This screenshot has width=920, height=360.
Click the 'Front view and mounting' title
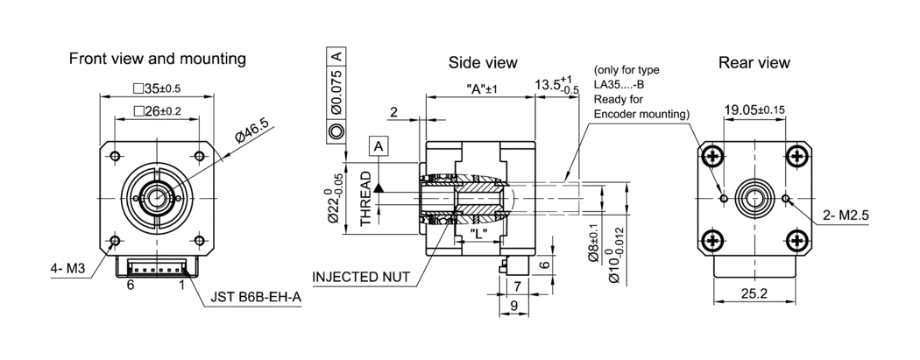[x=157, y=59]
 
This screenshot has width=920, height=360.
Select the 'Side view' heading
[x=483, y=62]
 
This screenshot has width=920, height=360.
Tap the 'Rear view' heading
[x=754, y=62]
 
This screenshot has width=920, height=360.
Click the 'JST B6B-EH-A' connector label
[x=256, y=298]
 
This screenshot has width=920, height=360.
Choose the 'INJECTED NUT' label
[x=361, y=276]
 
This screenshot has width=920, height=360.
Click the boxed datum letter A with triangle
[x=379, y=146]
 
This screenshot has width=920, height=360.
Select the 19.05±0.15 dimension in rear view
[x=754, y=109]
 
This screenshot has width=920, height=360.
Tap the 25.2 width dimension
[x=754, y=293]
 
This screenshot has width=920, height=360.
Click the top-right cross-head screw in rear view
[x=796, y=157]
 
